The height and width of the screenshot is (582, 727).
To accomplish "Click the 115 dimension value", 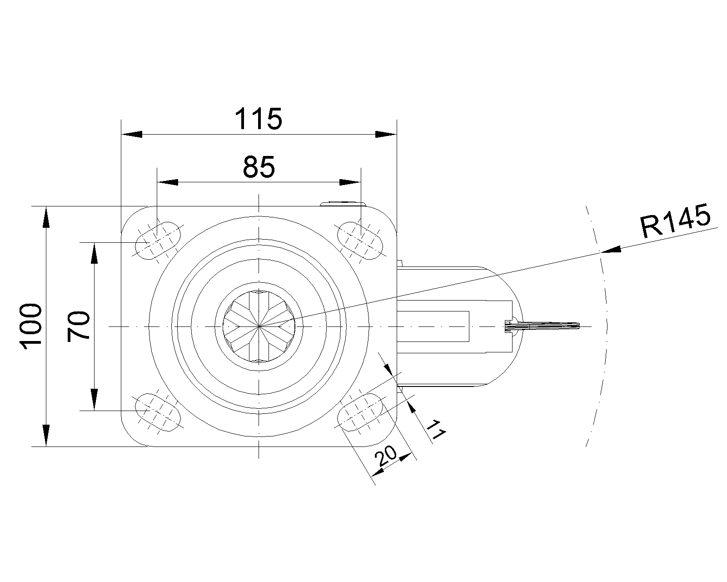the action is point(259,119).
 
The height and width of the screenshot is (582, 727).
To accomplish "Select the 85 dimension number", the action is point(259,167).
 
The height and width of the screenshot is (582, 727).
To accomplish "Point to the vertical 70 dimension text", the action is point(78,326).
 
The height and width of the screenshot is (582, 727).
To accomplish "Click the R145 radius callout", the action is point(675,221).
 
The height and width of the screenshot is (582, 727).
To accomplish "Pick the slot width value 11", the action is point(436,430).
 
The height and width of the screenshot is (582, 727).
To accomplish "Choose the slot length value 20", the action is point(386,457).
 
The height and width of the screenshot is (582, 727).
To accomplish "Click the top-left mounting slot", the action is point(158,241).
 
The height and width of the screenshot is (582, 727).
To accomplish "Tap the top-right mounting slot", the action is point(360,241).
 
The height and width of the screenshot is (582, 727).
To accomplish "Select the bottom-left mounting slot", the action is point(158,412).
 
